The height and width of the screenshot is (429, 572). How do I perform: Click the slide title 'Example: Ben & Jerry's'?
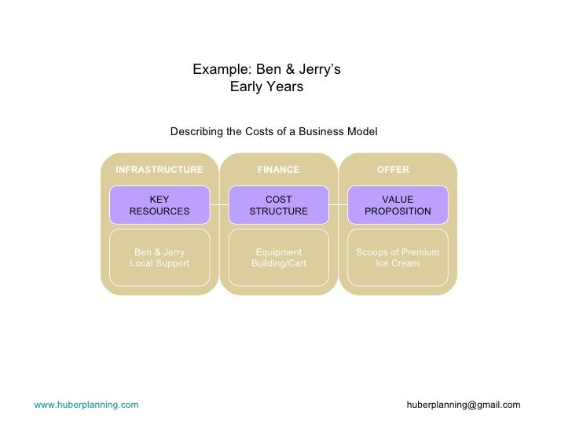point(266,70)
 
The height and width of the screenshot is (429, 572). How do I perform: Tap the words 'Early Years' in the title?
point(266,87)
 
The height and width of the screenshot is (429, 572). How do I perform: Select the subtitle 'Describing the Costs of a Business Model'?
point(273,132)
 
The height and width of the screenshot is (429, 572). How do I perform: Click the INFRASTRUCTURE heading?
point(159,170)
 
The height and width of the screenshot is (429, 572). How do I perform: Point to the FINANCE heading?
point(278,170)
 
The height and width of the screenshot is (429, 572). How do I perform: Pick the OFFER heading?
point(393,170)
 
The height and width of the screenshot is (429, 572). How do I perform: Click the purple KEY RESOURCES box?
point(159,205)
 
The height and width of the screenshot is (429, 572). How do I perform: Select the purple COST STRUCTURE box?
point(278,205)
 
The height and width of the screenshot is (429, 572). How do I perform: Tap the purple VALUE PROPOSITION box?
point(398,205)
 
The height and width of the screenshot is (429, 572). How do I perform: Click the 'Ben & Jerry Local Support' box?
point(159,258)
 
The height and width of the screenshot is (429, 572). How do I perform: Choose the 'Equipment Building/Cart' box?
point(278,258)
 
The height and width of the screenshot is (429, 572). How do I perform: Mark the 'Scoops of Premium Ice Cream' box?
point(398,258)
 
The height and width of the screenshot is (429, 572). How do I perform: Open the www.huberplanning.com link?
point(86,405)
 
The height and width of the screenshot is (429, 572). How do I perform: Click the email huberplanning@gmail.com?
point(464,405)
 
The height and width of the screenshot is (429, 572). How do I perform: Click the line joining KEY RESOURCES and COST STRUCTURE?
point(219,205)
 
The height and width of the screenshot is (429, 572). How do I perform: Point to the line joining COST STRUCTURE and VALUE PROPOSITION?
point(338,205)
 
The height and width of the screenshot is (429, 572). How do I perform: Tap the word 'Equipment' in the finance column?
point(278,252)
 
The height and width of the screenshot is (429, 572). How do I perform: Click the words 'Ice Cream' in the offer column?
point(398,264)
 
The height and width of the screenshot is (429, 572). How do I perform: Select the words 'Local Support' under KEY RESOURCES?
point(159,264)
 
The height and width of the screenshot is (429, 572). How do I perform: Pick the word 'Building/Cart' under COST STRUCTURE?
point(278,264)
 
